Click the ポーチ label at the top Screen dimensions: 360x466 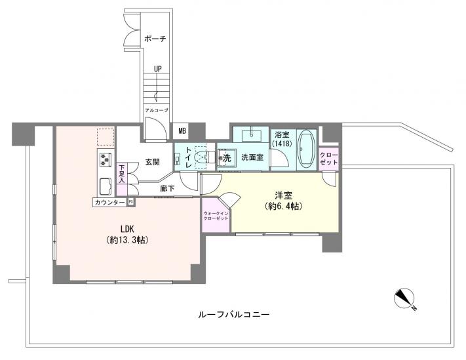155,39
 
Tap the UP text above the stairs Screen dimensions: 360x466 158,68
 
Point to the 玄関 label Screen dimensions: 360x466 153,162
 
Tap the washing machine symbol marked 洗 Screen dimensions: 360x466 226,158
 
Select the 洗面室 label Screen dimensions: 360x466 252,158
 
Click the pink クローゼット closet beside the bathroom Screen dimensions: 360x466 328,157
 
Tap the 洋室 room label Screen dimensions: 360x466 283,195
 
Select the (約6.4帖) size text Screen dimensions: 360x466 284,207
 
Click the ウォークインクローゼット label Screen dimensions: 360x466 216,216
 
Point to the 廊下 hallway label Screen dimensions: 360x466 168,188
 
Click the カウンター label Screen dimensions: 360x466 109,202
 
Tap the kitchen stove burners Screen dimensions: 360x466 106,159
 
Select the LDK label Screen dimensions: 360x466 127,229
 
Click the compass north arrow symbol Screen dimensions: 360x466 406,300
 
